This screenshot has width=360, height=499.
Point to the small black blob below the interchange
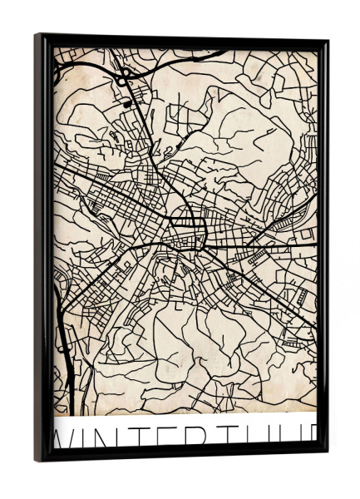point(126,105)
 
